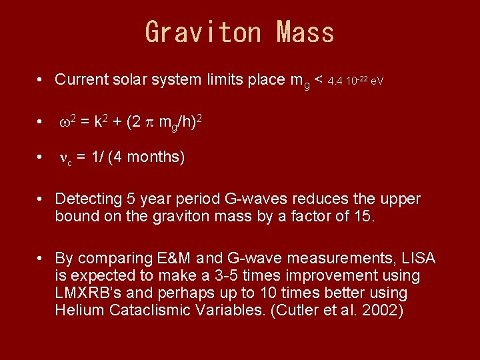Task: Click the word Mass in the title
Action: click(306, 32)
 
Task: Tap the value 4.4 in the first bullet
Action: click(335, 81)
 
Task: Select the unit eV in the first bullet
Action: click(377, 81)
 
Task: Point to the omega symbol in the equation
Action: click(65, 123)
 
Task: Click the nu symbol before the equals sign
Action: click(64, 158)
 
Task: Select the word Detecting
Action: click(86, 199)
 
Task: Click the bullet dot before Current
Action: click(41, 81)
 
